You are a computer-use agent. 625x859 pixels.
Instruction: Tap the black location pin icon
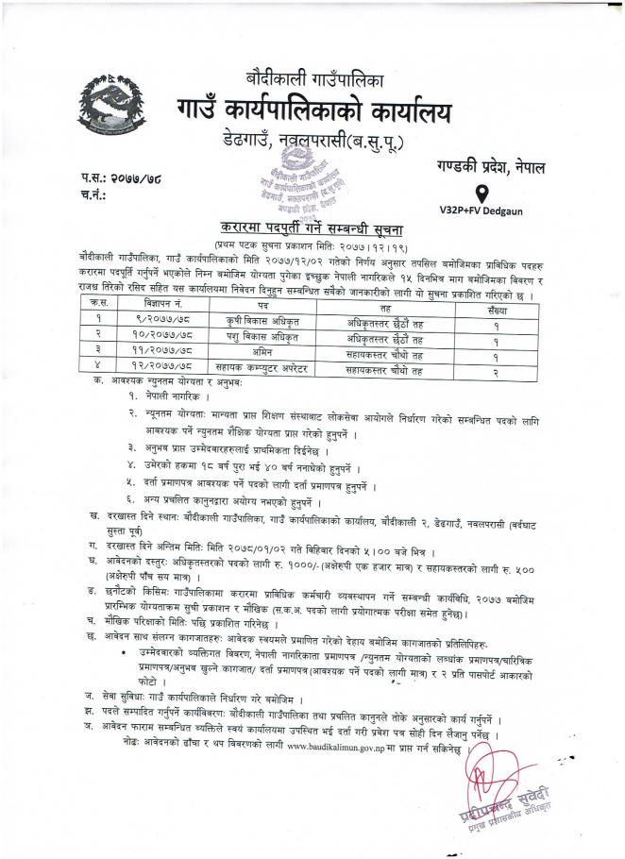click(482, 194)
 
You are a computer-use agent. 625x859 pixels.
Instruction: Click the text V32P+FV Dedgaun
click(482, 214)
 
